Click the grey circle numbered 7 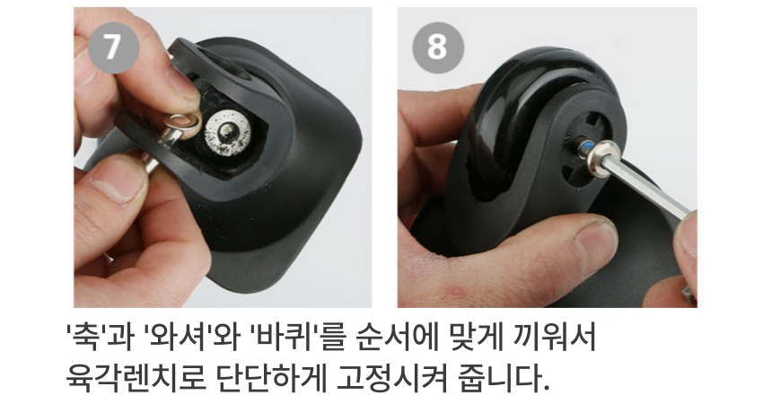point(113,47)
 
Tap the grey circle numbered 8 point(438,48)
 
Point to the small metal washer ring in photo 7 point(183,124)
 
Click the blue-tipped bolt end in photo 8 point(586,148)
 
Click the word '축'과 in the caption point(100,338)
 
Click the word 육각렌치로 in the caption point(136,377)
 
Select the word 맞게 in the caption point(476,338)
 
